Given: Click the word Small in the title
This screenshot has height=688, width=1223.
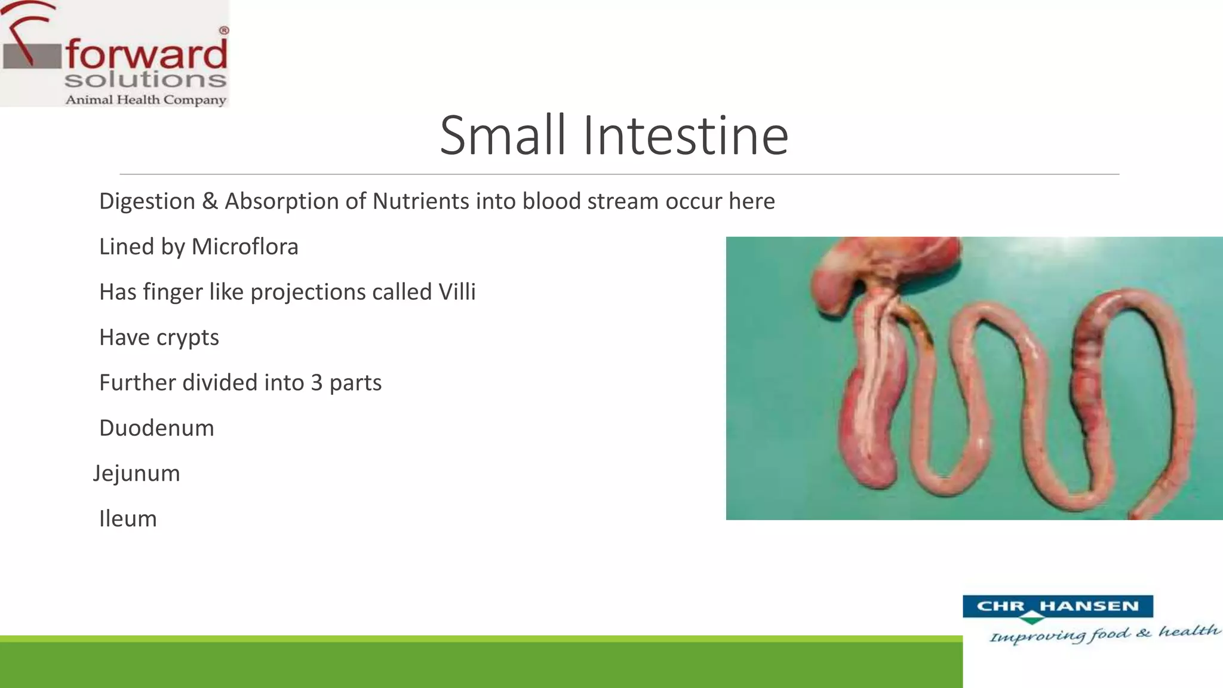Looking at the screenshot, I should (502, 136).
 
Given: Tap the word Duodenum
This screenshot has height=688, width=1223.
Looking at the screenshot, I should (156, 428).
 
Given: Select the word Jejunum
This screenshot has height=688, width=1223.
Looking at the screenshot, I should (136, 474).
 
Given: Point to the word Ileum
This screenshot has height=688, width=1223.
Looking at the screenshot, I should (128, 519).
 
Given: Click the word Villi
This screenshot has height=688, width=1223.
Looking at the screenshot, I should (457, 292).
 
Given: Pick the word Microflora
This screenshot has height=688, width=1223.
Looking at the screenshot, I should (244, 247).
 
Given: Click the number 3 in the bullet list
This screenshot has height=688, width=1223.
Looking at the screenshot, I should (316, 383).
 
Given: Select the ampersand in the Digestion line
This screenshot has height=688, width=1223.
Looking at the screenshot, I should (210, 201).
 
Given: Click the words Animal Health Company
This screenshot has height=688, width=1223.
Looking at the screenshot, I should (146, 100).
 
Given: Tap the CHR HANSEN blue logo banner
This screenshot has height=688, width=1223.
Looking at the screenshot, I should (1057, 606).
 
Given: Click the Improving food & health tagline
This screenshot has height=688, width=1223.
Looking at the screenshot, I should (1104, 634).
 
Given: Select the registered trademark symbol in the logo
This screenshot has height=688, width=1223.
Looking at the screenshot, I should (224, 30).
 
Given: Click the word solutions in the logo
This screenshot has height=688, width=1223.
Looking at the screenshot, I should (146, 79).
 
